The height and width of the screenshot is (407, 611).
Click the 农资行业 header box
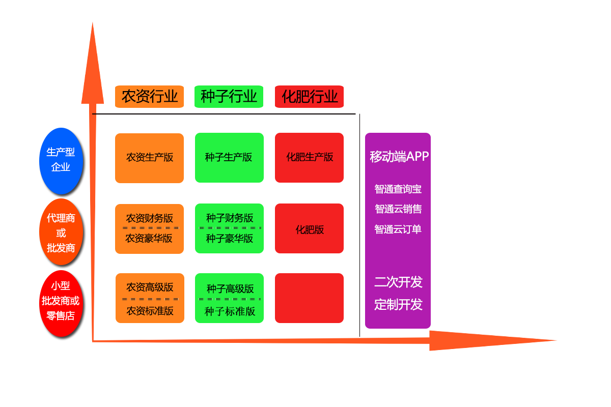(x=149, y=97)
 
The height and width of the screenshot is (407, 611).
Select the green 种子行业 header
(x=229, y=97)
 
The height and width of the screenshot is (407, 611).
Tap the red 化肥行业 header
(x=309, y=97)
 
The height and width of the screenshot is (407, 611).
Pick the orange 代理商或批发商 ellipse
(x=61, y=233)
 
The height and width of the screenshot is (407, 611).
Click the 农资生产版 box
(x=149, y=158)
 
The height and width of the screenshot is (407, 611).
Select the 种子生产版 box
(x=229, y=157)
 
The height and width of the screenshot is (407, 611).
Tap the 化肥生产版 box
(x=309, y=157)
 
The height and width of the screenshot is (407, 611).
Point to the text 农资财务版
(x=150, y=218)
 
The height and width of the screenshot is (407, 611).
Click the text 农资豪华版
(x=149, y=238)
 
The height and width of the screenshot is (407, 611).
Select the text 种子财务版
(x=230, y=218)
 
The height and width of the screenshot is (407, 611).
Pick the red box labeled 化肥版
(x=309, y=229)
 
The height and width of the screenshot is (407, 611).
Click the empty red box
(x=309, y=298)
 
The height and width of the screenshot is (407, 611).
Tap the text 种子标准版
(x=230, y=311)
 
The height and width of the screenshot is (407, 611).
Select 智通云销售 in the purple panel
(x=398, y=209)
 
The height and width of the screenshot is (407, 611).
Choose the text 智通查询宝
(x=398, y=189)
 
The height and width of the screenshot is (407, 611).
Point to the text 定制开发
(x=398, y=305)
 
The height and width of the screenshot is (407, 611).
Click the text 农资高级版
(x=150, y=287)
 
